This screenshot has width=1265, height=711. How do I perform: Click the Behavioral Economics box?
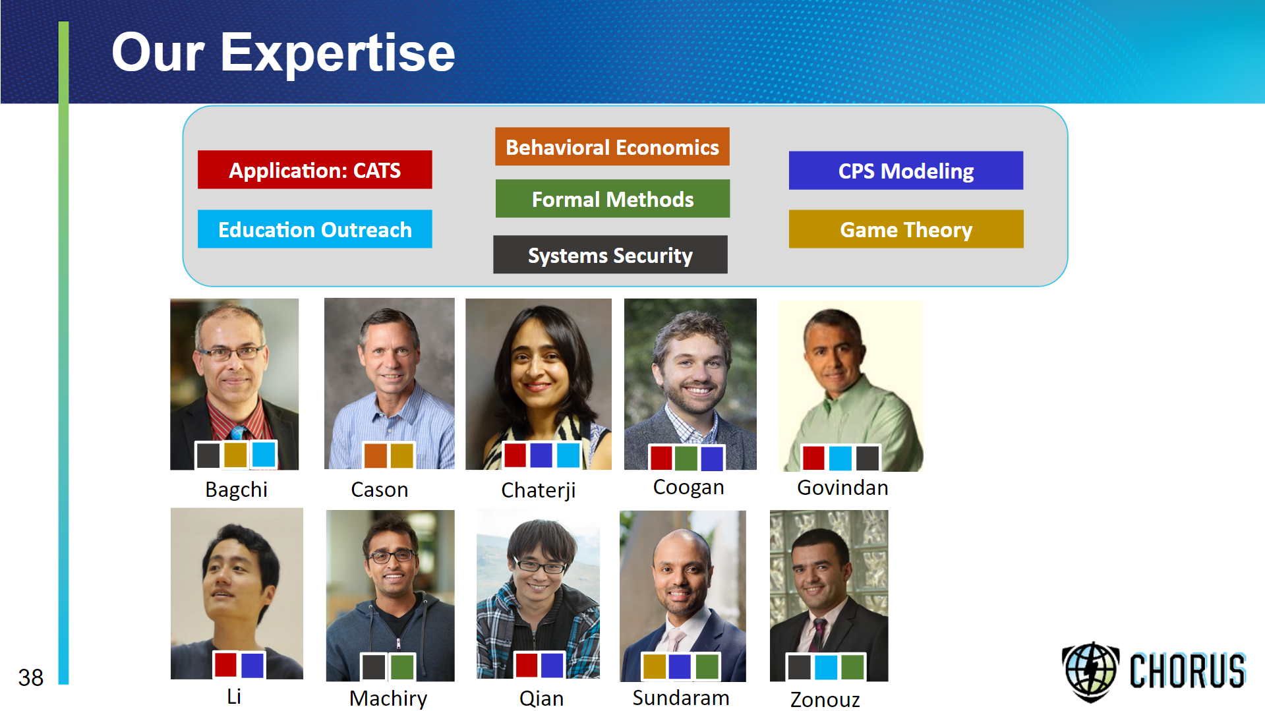[x=612, y=146]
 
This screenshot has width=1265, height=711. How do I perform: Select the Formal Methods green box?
[x=612, y=198]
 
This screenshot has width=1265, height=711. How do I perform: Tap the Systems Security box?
[x=610, y=254]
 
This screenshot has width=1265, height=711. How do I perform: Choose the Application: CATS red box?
[x=314, y=170]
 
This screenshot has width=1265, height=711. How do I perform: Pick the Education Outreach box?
[x=314, y=229]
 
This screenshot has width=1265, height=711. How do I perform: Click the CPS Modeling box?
[x=906, y=171]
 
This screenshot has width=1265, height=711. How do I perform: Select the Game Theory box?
[x=906, y=229]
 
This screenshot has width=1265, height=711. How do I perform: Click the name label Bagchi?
[x=236, y=490]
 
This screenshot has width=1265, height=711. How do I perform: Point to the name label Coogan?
[x=688, y=488]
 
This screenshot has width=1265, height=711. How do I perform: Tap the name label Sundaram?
[x=680, y=697]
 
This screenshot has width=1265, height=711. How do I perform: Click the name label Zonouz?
[x=825, y=699]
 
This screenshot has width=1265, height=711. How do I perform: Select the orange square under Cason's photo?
[x=375, y=455]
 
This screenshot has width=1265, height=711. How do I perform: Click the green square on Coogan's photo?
[x=686, y=458]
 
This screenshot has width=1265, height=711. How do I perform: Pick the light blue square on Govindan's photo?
[x=840, y=458]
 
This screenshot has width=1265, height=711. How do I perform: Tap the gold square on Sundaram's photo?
[x=654, y=666]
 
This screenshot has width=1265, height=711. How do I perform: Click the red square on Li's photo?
[x=225, y=665]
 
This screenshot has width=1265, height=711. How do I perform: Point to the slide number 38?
[x=30, y=677]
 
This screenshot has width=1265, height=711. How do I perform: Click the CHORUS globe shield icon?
[x=1090, y=671]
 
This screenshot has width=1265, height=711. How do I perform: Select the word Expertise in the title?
[x=338, y=53]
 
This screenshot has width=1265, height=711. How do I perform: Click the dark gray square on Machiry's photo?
[x=374, y=667]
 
